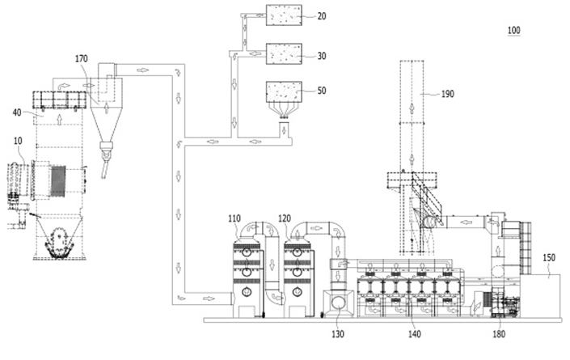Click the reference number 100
[513, 30]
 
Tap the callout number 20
[322, 16]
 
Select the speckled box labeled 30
[284, 54]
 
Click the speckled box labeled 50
[284, 92]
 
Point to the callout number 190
[447, 94]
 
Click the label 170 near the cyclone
[82, 58]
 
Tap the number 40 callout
[17, 112]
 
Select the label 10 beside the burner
[18, 141]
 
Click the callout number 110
[234, 218]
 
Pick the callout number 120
[285, 218]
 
